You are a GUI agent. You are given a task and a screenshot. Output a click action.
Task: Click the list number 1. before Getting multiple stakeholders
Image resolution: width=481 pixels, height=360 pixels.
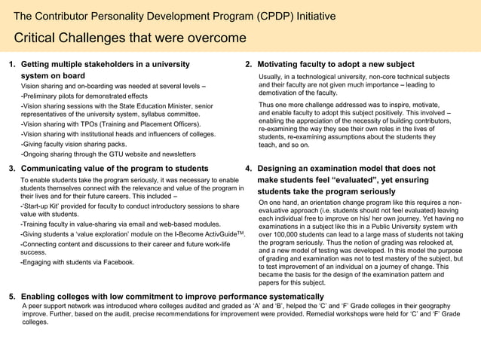pos(12,65)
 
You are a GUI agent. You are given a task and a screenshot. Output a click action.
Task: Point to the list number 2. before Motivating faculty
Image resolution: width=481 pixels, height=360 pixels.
pos(249,65)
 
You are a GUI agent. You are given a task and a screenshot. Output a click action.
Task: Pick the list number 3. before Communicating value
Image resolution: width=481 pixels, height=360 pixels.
pos(12,168)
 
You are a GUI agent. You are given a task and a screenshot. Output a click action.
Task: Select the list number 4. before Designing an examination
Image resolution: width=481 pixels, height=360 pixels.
pos(249,168)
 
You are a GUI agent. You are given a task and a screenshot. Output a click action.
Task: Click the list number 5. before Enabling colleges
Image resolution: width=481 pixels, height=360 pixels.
pos(12,296)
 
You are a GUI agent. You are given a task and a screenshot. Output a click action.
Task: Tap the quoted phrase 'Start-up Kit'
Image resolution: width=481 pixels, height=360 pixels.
pos(44,206)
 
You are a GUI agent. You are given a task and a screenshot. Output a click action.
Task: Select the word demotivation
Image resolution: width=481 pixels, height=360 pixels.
pos(282,93)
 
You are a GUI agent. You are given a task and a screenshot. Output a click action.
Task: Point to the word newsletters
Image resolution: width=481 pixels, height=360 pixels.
pos(176,153)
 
